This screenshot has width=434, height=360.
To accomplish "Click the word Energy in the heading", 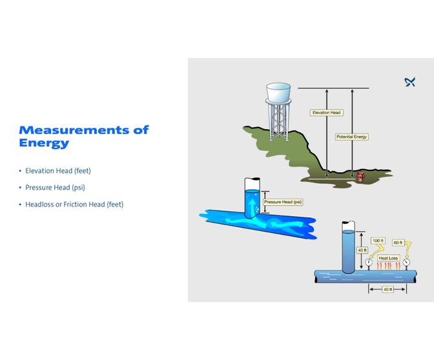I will click(x=44, y=143).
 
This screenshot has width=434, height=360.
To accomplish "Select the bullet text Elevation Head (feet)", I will click(x=58, y=171).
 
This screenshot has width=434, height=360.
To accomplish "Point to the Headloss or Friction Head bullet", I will click(x=74, y=205).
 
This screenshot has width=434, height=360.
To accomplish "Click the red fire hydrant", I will click(x=360, y=176).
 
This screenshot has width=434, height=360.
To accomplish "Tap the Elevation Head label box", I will click(x=326, y=113).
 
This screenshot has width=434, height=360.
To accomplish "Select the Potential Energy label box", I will click(x=351, y=137).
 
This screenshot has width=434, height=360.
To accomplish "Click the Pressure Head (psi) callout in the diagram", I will click(x=283, y=202).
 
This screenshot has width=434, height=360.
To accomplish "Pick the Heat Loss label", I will click(x=388, y=257).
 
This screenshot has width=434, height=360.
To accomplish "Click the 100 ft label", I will click(x=378, y=241).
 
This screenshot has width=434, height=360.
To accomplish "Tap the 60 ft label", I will click(x=398, y=243).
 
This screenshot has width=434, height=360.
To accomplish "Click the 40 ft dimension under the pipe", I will click(x=387, y=289).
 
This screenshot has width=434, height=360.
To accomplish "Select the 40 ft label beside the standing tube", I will click(x=362, y=250).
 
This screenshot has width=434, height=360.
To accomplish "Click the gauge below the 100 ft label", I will click(x=368, y=263).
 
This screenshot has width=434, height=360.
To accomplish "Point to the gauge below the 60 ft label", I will click(x=406, y=263).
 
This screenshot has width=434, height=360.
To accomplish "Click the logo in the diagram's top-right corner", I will click(x=409, y=82).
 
